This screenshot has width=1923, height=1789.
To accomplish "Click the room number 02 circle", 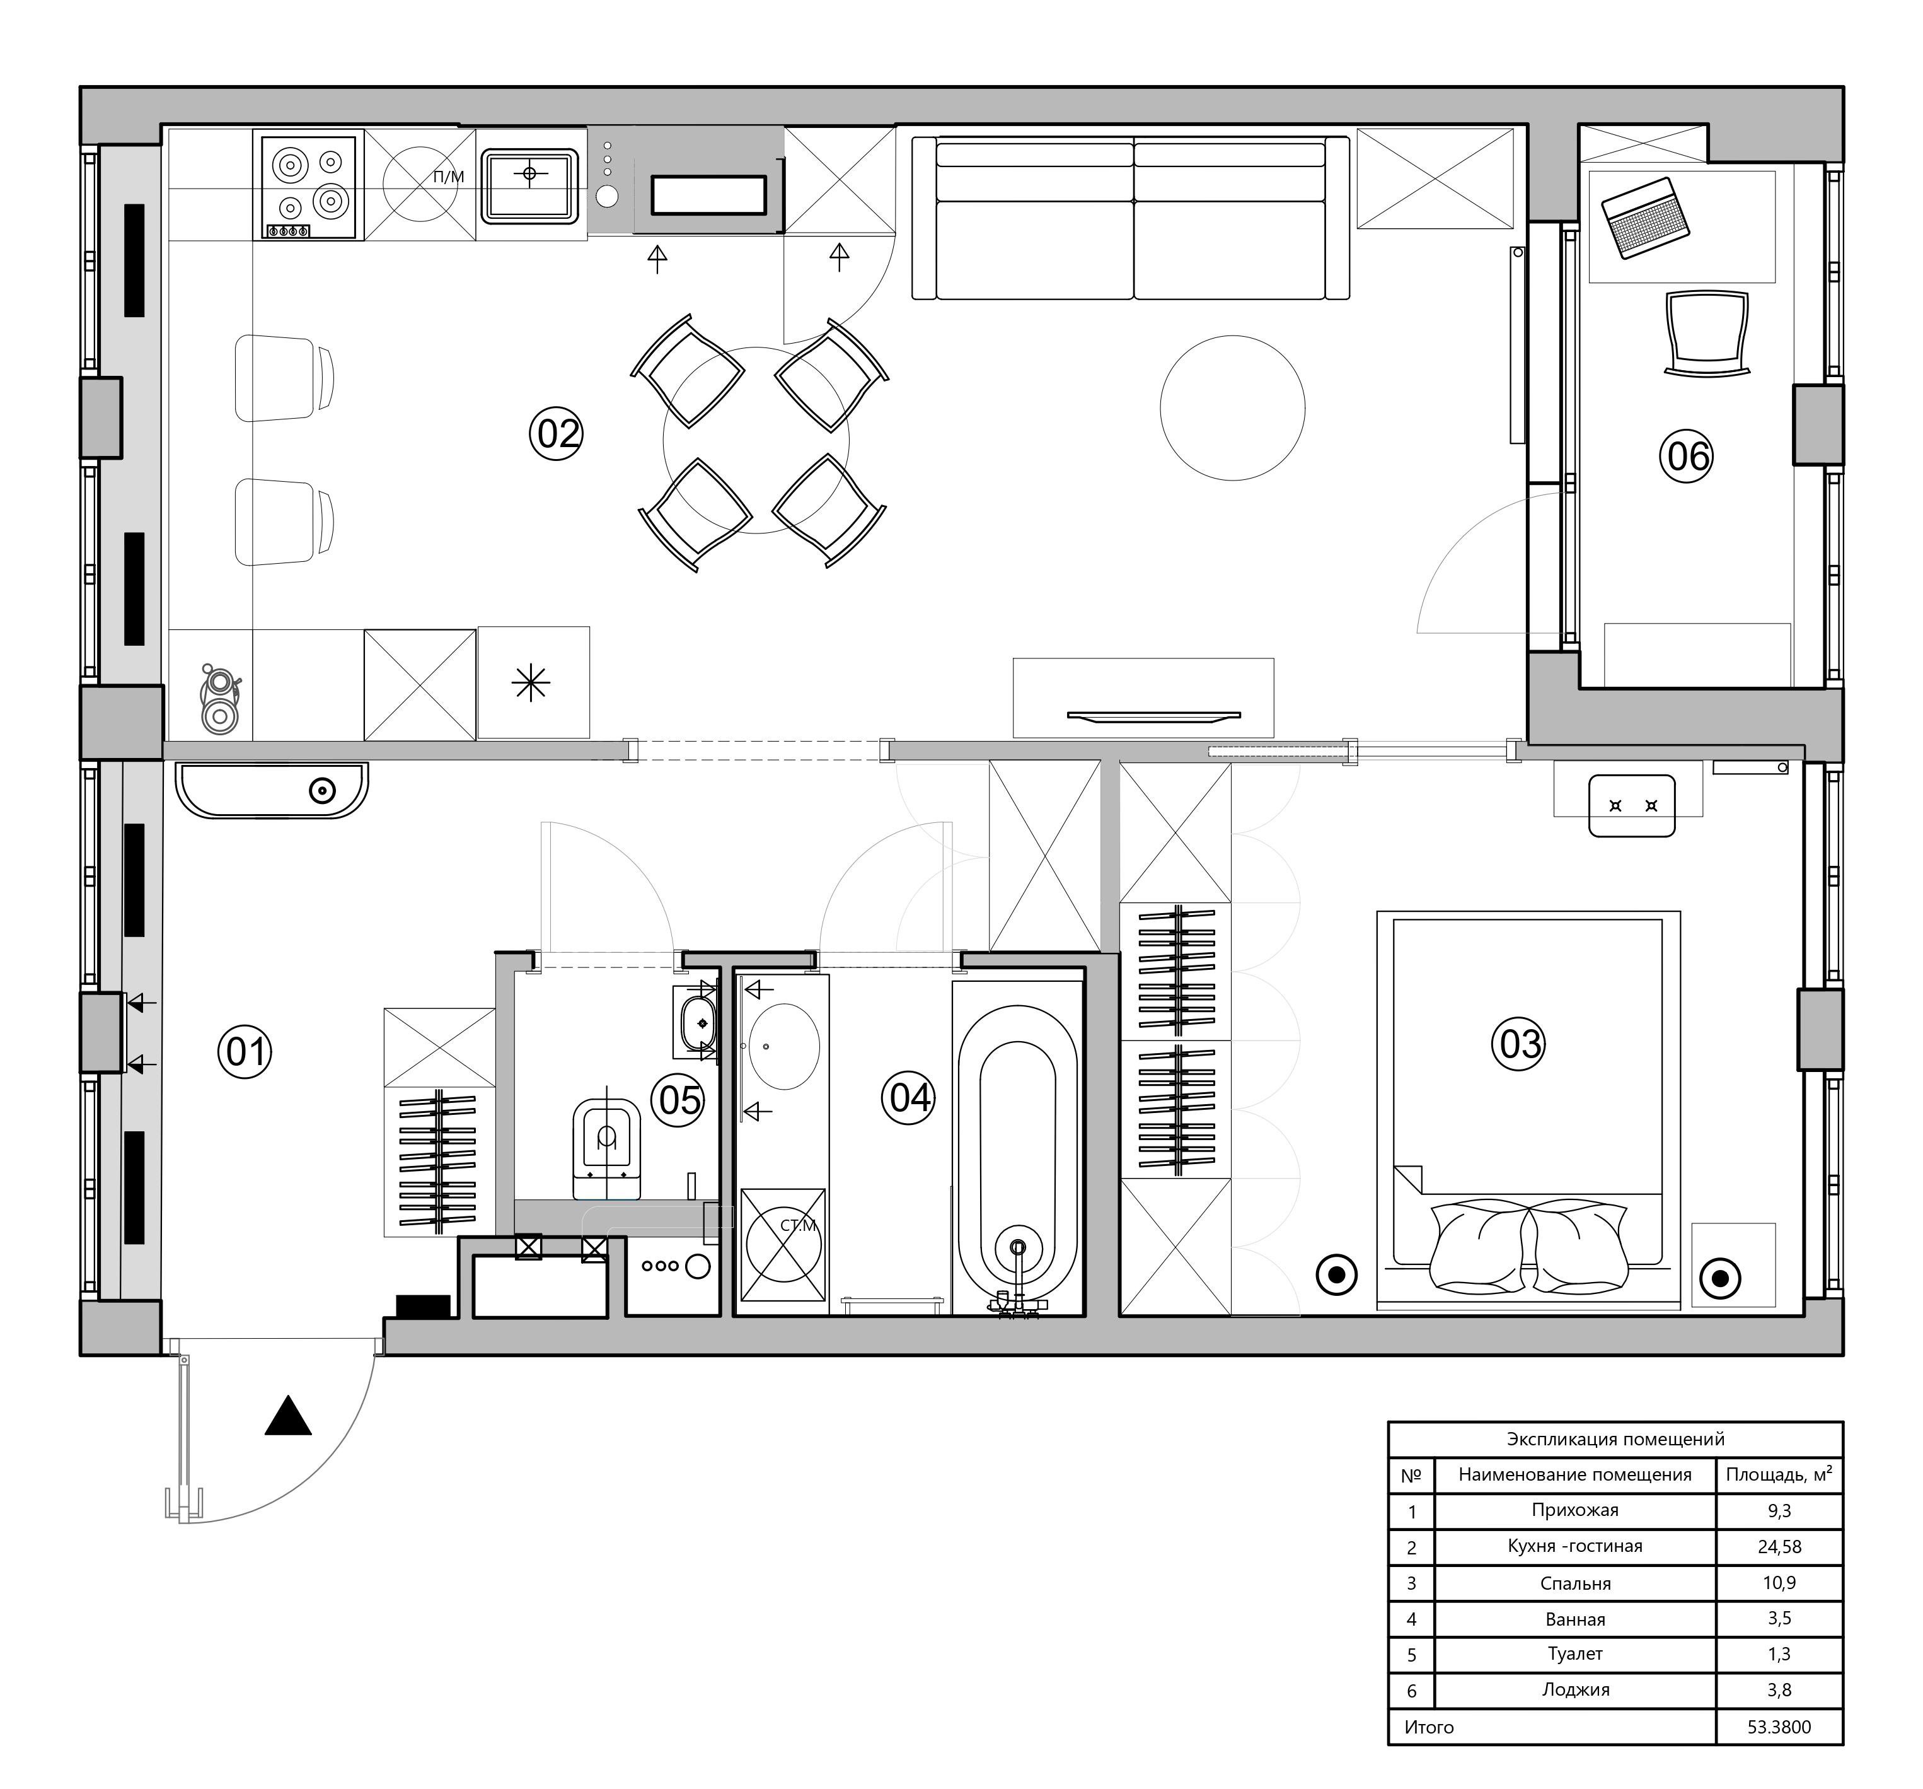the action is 556,433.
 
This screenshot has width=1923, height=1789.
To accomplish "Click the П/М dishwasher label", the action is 448,176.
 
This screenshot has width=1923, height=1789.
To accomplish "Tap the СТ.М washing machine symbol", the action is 783,1244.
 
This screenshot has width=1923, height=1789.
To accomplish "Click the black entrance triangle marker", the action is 288,1416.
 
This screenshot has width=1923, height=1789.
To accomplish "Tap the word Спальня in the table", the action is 1575,1583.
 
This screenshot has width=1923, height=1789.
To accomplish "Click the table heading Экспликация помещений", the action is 1615,1439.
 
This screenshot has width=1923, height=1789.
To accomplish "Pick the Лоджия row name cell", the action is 1575,1689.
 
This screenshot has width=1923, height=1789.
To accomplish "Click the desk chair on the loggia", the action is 1707,332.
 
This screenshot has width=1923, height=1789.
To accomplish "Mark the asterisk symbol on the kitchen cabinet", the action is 531,683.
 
